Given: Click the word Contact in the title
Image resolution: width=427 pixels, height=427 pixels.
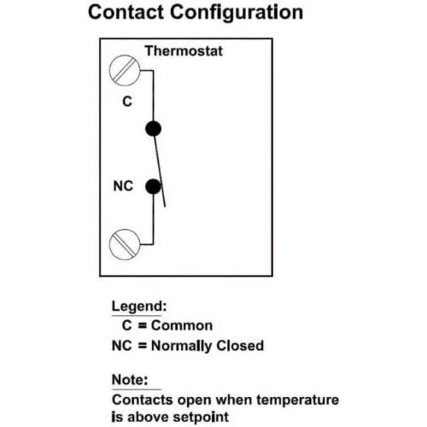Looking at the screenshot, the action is pos(126,12).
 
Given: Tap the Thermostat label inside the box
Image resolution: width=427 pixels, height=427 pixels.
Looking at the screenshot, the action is pos(184,51).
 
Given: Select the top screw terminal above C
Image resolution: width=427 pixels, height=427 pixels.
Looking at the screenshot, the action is pos(125,70).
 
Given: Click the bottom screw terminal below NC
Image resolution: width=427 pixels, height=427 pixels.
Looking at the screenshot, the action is pos(125,244).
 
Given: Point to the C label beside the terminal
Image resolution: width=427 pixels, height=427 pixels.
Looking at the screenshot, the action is pos(127,102).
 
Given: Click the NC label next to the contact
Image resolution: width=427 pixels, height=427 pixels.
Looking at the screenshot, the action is pos(123,186).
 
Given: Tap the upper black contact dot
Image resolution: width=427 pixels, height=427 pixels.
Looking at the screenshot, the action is pos(153,128).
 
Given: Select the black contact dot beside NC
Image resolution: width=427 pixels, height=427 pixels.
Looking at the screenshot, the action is pos(153,187).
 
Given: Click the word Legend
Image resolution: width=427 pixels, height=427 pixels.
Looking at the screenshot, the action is pos(139,307).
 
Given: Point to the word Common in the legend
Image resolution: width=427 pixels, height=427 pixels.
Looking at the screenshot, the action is pos(182,325).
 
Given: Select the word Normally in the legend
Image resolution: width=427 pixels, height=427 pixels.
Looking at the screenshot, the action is pos(181,346).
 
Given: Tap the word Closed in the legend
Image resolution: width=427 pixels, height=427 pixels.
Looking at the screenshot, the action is pos(240,345).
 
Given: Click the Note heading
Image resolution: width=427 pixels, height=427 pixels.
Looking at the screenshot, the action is pos(130,379).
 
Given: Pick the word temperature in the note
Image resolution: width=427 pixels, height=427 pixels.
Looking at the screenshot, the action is pos(298,400).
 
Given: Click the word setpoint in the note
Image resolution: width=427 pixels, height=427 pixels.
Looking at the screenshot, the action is pos(201,418).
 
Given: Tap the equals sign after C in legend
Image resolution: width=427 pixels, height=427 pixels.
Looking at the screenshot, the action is pos(142,325).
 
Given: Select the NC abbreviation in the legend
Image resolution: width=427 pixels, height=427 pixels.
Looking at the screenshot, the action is pos(122,346).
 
